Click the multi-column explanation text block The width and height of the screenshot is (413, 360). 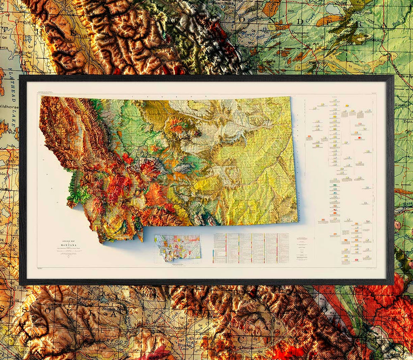click(251, 248)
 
